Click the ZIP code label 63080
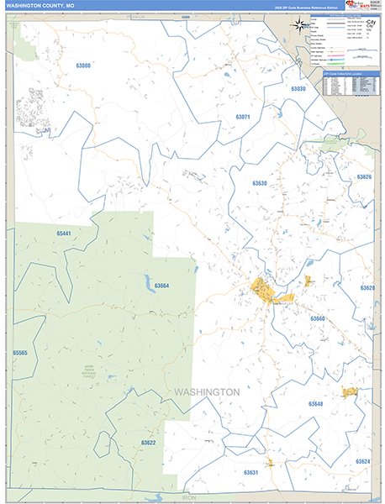pyautogui.click(x=82, y=66)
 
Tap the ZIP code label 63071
pyautogui.click(x=243, y=117)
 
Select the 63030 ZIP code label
pyautogui.click(x=298, y=89)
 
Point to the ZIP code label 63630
pyautogui.click(x=259, y=183)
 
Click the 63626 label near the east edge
pyautogui.click(x=364, y=177)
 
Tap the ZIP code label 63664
pyautogui.click(x=161, y=286)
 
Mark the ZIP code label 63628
pyautogui.click(x=367, y=288)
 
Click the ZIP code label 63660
pyautogui.click(x=318, y=319)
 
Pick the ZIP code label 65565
pyautogui.click(x=21, y=353)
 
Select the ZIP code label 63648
pyautogui.click(x=315, y=404)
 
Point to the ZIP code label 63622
pyautogui.click(x=148, y=442)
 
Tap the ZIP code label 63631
pyautogui.click(x=251, y=472)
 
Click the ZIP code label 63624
pyautogui.click(x=362, y=461)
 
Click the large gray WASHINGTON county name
pyautogui.click(x=207, y=392)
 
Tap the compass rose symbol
pyautogui.click(x=300, y=24)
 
